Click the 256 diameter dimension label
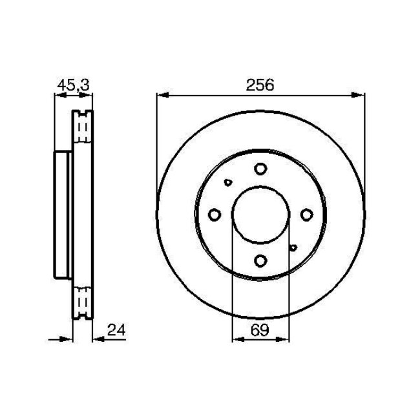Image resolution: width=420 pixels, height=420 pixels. (259, 85)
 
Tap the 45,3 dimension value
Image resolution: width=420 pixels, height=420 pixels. (73, 85)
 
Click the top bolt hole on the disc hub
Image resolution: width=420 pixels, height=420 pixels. (260, 169)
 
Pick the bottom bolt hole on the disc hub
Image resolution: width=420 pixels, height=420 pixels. (260, 260)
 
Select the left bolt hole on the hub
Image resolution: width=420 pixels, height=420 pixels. (215, 215)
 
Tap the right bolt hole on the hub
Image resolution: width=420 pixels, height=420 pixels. (306, 215)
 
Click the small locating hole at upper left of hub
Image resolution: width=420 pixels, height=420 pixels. (227, 182)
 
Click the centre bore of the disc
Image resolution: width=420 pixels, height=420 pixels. (260, 215)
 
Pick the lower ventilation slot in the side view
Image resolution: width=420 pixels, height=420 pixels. (82, 300)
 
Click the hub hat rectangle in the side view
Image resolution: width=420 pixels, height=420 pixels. (63, 215)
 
